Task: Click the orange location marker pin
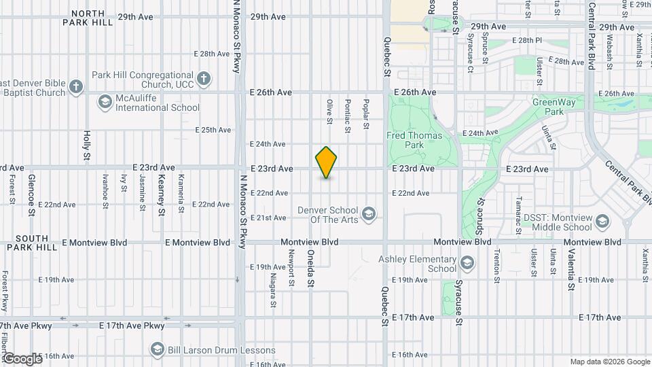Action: (327, 162)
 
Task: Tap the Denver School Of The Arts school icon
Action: (369, 215)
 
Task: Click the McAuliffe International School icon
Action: (105, 102)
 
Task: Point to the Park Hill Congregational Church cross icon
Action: (202, 80)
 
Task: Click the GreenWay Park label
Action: (548, 107)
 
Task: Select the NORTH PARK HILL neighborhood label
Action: (88, 18)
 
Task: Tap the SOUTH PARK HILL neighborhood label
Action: (32, 243)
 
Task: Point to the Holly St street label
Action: (87, 146)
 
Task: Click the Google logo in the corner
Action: (22, 358)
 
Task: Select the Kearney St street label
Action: (162, 194)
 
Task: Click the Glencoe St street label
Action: (31, 194)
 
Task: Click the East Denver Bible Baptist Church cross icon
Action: (75, 86)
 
